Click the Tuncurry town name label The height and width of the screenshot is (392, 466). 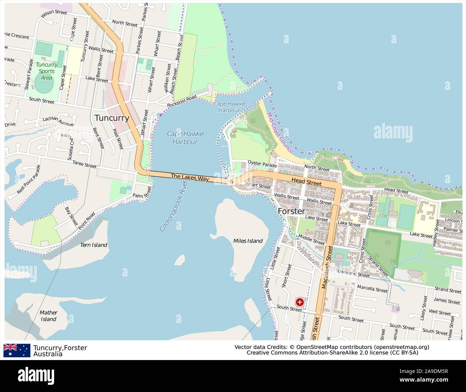point(111,118)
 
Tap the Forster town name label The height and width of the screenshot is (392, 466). point(291,211)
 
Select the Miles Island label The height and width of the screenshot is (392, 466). point(248,241)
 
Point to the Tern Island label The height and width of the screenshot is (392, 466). point(93,245)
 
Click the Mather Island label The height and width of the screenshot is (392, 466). point(48,316)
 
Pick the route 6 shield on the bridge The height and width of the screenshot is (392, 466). point(232,182)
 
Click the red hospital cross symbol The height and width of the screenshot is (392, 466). point(299,302)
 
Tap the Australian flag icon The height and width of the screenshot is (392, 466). point(17,350)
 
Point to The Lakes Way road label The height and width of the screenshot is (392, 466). point(190,177)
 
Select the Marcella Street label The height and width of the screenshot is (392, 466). point(372,289)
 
